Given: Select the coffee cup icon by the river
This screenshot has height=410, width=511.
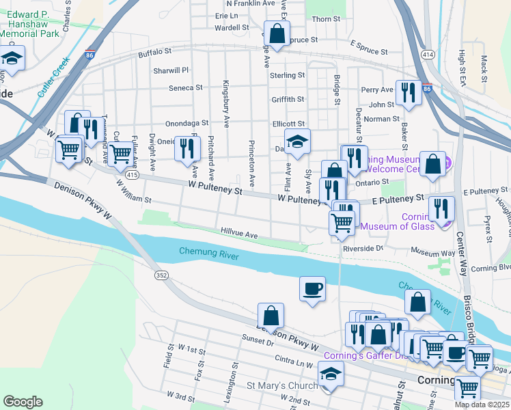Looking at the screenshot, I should point(313,288).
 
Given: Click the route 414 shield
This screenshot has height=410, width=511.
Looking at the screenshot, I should point(428,53).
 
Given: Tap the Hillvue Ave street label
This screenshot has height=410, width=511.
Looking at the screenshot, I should point(239,234).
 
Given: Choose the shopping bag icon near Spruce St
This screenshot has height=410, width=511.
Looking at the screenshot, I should point(277,33).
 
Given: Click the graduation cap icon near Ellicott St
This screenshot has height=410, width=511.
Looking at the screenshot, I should point(297,141).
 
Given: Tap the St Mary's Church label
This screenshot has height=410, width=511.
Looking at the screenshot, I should point(282,386).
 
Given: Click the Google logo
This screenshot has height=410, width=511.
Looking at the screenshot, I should point(23,402).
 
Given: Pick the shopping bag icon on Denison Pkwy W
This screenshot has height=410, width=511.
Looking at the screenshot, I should point(271,316).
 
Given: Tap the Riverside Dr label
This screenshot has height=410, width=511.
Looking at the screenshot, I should point(363,249).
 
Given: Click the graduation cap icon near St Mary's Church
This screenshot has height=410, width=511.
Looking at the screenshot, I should point(331,374).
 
